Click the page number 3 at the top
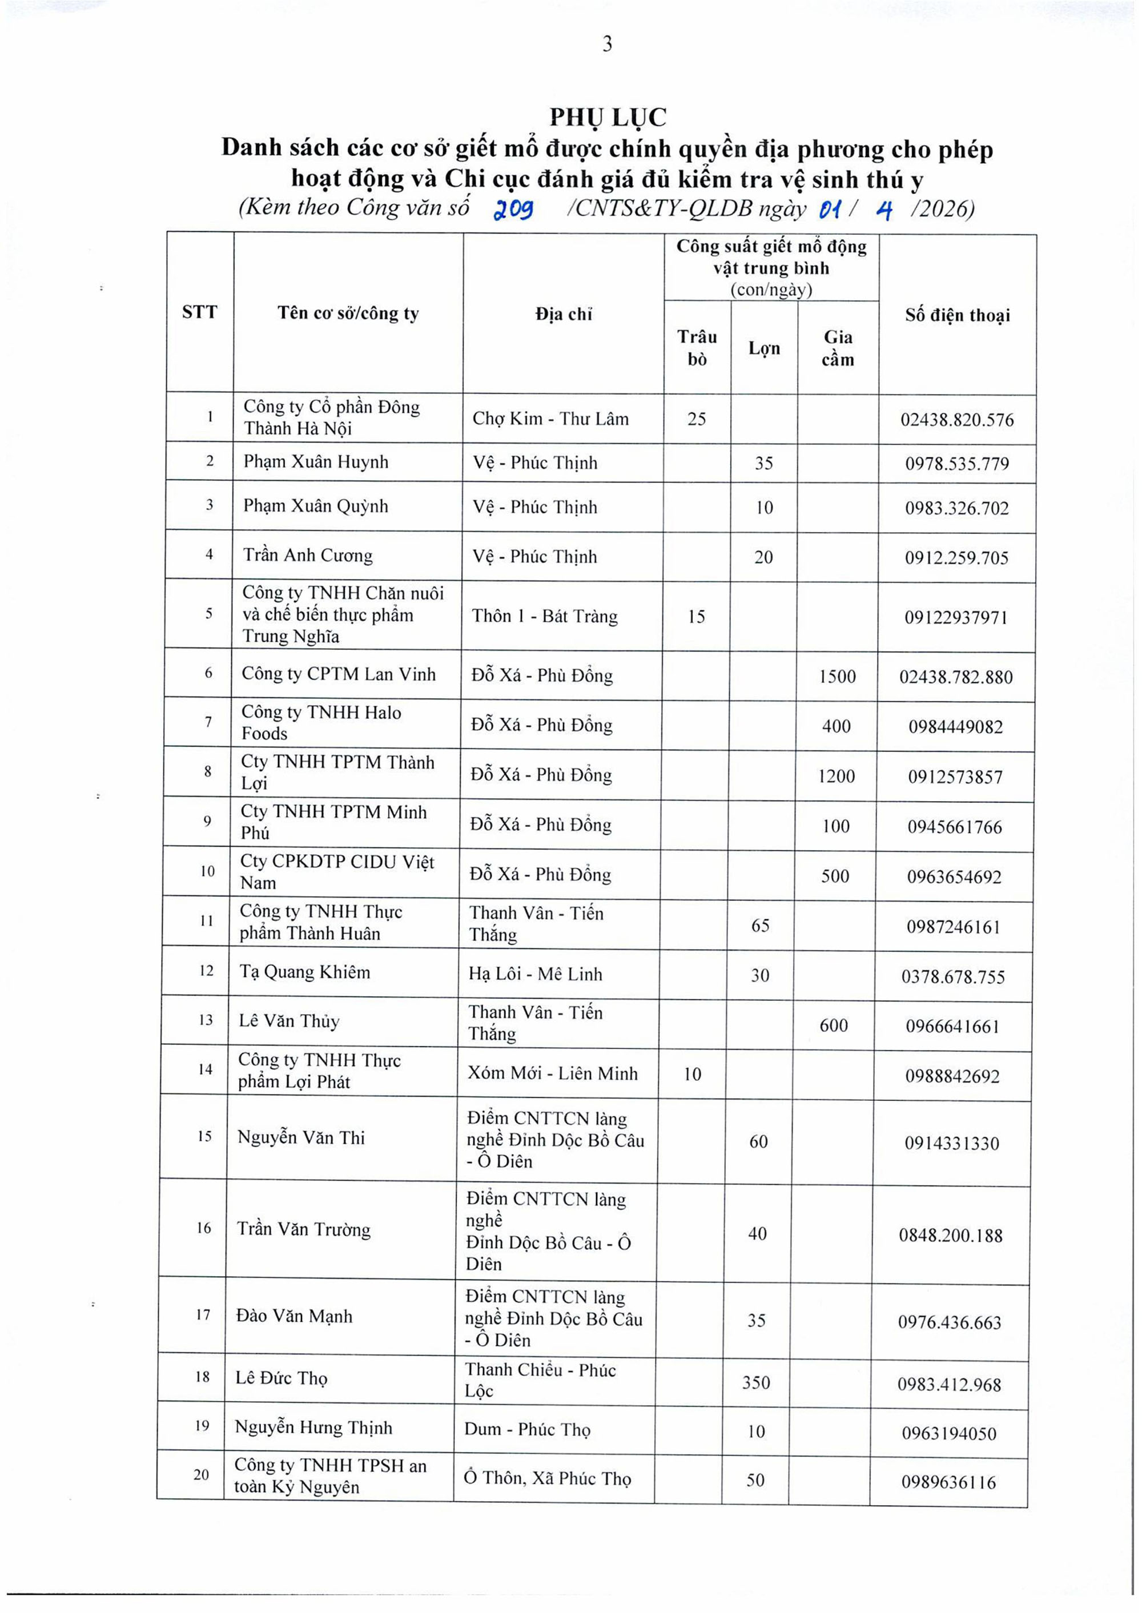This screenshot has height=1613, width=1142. pyautogui.click(x=607, y=45)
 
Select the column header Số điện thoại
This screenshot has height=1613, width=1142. pyautogui.click(x=956, y=315)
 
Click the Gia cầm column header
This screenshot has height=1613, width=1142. pyautogui.click(x=838, y=348)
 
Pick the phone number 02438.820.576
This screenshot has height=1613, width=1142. pyautogui.click(x=956, y=420)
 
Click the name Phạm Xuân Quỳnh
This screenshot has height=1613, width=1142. pyautogui.click(x=315, y=506)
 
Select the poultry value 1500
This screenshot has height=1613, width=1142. pyautogui.click(x=837, y=677)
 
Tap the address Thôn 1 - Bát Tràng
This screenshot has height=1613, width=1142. pyautogui.click(x=544, y=617)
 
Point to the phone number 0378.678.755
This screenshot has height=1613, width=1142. pyautogui.click(x=953, y=977)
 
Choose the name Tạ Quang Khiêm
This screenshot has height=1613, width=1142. pyautogui.click(x=304, y=972)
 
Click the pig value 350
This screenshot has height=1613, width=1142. pyautogui.click(x=756, y=1382)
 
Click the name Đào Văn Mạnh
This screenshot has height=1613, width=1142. pyautogui.click(x=293, y=1316)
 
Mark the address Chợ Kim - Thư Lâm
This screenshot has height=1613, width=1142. pyautogui.click(x=550, y=419)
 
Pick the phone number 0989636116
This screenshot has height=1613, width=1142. pyautogui.click(x=948, y=1482)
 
